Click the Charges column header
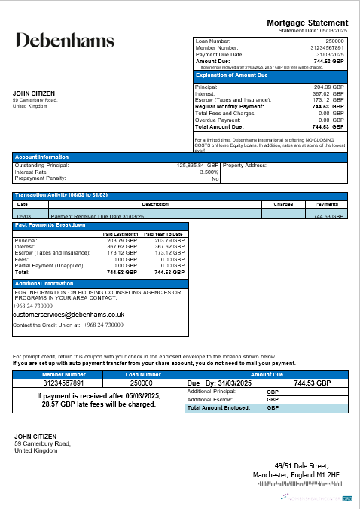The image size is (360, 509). click(x=282, y=203)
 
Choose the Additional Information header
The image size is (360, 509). click(x=44, y=283)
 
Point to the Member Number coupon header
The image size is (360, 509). click(x=64, y=373)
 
